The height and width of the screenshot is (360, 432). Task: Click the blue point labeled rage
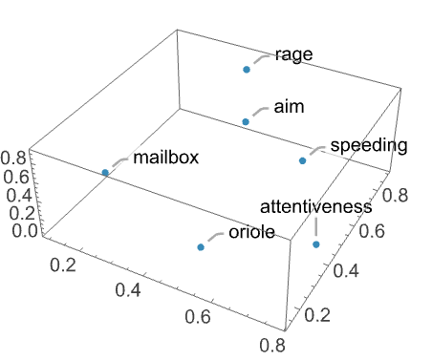click(x=247, y=70)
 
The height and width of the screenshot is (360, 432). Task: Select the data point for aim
click(x=246, y=121)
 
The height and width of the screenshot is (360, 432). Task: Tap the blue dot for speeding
click(x=302, y=160)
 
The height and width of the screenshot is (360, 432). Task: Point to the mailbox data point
click(x=105, y=173)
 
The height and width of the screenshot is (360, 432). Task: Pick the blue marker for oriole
click(x=201, y=247)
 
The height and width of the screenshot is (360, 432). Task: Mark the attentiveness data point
click(x=316, y=244)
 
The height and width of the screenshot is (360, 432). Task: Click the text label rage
click(x=292, y=53)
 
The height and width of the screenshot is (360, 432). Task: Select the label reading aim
click(x=287, y=105)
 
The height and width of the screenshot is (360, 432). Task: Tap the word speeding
click(x=368, y=146)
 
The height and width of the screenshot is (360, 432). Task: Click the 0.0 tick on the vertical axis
click(x=15, y=230)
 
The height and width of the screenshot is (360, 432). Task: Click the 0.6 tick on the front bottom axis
click(x=202, y=314)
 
